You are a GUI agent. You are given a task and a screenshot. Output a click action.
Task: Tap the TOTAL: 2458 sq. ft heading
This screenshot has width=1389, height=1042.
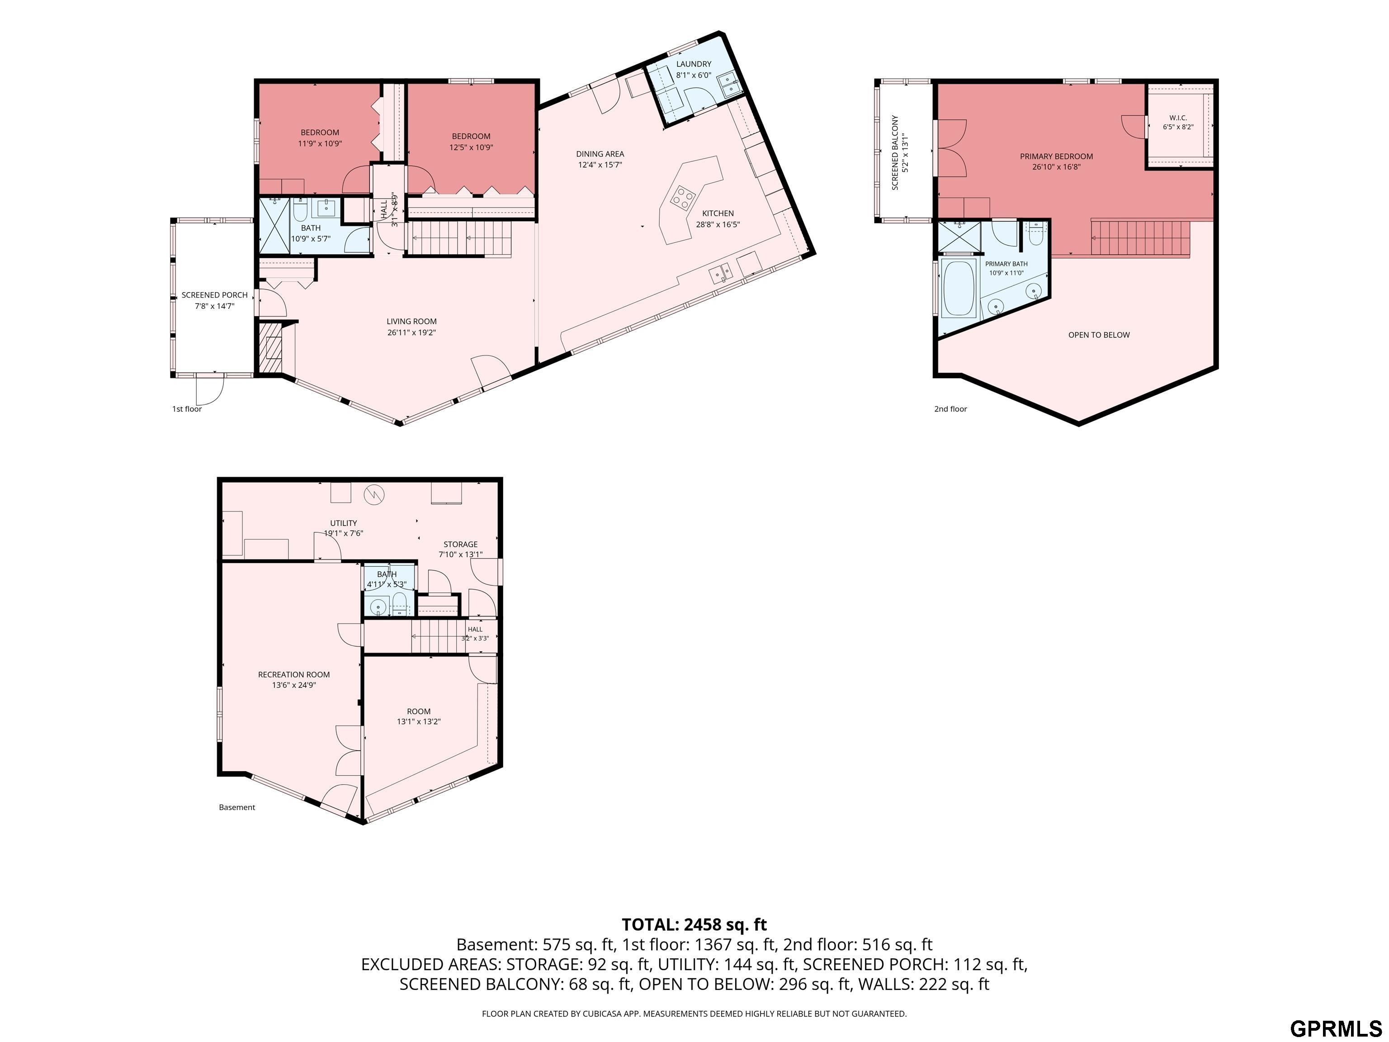coord(694,924)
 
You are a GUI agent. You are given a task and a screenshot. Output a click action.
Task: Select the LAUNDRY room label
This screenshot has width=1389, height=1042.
coord(693,64)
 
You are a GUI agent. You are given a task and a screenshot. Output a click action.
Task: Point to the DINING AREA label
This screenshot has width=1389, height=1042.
coord(600,154)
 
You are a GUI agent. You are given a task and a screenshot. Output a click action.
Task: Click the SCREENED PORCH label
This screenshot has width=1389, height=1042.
coord(215,295)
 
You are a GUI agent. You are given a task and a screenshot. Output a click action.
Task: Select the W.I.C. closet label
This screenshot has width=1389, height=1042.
coord(1178,118)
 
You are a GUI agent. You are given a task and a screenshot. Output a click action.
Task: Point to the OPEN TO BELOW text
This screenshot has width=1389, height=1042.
coord(1099,335)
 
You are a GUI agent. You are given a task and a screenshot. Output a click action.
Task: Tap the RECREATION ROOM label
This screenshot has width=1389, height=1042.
coord(294,675)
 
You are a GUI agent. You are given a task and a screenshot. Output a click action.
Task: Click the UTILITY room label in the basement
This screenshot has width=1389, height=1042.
coord(344,523)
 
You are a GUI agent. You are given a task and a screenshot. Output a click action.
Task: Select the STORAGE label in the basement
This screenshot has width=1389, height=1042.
coord(460,545)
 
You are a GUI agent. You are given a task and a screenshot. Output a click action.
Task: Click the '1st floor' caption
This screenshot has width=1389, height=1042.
coord(187,409)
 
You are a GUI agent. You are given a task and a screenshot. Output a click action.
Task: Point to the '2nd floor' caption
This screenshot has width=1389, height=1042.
coord(951,409)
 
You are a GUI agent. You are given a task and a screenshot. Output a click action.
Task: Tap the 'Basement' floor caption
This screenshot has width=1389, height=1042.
coord(237,807)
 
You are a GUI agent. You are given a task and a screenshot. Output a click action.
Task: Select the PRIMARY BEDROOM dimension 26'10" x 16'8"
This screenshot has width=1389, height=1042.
coord(1056,167)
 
